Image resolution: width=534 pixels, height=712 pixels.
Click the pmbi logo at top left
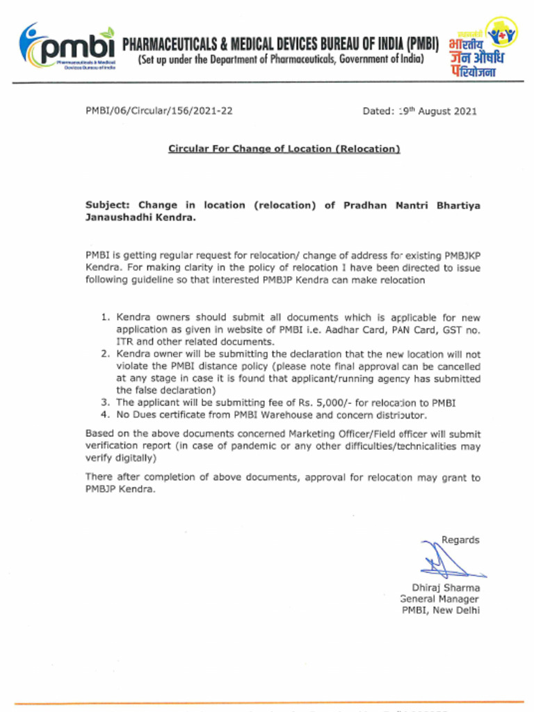coord(67,47)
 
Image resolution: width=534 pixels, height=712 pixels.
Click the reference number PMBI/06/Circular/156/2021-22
coord(159,111)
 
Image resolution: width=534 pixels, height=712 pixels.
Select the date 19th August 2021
coord(419,111)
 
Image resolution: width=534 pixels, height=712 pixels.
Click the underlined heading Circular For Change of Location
coord(284,149)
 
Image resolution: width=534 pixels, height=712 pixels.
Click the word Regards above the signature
coord(460,540)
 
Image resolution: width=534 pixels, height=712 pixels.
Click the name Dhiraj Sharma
coord(445,588)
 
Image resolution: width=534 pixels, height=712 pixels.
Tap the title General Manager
coord(439,599)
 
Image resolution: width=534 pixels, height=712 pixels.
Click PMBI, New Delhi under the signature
coord(441,611)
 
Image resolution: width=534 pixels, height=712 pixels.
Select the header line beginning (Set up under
coord(280,60)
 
